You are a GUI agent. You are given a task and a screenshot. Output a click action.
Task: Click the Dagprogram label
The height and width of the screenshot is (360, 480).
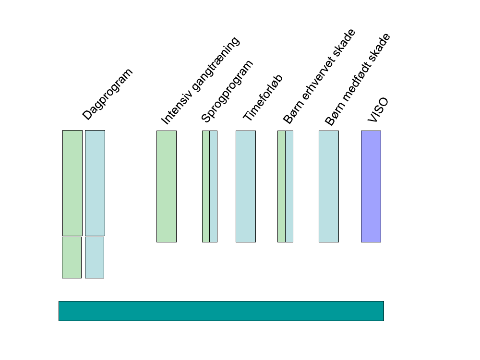pyautogui.click(x=108, y=94)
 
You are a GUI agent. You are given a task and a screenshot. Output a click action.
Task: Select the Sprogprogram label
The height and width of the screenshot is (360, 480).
pyautogui.click(x=227, y=91)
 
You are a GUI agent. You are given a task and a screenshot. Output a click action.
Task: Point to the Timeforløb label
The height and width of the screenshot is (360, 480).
pyautogui.click(x=263, y=98)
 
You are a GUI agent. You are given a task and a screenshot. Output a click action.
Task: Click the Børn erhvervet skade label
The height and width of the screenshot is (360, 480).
pyautogui.click(x=319, y=77)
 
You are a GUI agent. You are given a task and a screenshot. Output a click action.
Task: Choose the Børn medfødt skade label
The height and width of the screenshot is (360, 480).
pyautogui.click(x=358, y=80)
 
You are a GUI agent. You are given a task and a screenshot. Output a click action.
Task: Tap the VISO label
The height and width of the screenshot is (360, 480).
pyautogui.click(x=378, y=110)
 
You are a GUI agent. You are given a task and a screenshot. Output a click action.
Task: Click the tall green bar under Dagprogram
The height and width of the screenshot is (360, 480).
pyautogui.click(x=72, y=183)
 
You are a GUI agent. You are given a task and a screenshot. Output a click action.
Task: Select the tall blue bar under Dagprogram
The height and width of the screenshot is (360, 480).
pyautogui.click(x=95, y=183)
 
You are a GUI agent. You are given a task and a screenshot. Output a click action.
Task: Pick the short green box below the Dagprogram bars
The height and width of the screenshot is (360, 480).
pyautogui.click(x=72, y=257)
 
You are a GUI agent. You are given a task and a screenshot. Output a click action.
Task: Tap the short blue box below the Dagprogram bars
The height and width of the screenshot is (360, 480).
pyautogui.click(x=95, y=257)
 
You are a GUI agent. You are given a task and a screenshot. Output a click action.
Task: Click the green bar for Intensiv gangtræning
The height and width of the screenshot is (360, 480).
pyautogui.click(x=167, y=186)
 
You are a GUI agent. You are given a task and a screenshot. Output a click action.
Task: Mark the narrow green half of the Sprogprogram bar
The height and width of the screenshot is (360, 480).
pyautogui.click(x=205, y=186)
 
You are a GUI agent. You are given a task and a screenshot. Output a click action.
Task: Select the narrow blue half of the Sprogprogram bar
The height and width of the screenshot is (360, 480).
pyautogui.click(x=214, y=186)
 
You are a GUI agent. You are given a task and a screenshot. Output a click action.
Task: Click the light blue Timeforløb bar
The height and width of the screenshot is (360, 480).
pyautogui.click(x=246, y=186)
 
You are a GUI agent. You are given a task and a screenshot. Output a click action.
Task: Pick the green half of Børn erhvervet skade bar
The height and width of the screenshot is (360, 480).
pyautogui.click(x=281, y=186)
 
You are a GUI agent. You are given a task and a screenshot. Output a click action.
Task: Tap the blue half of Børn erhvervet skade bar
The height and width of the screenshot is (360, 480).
pyautogui.click(x=289, y=186)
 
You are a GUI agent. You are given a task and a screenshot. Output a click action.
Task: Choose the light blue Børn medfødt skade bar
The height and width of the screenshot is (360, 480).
pyautogui.click(x=329, y=186)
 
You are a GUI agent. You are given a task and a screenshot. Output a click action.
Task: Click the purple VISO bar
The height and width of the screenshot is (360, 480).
pyautogui.click(x=371, y=186)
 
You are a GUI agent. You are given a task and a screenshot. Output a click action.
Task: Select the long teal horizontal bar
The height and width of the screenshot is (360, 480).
pyautogui.click(x=221, y=311)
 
